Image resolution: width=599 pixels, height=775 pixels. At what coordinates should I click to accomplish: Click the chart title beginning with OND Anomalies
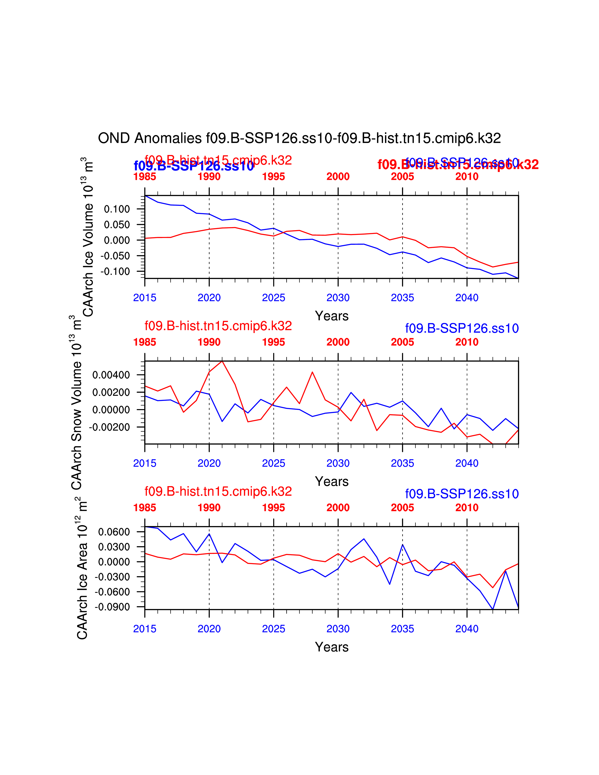[x=299, y=138]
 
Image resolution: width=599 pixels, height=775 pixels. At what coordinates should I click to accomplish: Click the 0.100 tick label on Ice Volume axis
[x=117, y=209]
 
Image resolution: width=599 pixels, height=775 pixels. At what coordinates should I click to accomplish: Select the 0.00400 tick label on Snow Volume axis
[x=111, y=375]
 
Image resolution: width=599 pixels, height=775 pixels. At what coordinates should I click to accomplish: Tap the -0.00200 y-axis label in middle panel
[x=109, y=427]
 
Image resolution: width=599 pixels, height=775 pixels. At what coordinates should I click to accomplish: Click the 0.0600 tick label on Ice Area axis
[x=114, y=532]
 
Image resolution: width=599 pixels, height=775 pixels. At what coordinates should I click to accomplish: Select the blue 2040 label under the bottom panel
[x=467, y=629]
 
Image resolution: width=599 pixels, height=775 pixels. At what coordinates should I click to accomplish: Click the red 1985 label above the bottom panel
[x=144, y=508]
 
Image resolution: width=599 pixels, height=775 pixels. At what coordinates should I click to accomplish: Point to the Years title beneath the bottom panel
[x=331, y=647]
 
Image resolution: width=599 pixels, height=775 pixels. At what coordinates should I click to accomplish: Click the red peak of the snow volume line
[x=222, y=361]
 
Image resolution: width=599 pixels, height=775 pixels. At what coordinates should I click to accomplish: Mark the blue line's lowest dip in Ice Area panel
[x=493, y=609]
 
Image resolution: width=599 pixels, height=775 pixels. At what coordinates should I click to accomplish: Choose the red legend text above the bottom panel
[x=218, y=492]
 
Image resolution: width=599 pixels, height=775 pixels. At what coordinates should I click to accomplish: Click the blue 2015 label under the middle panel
[x=144, y=463]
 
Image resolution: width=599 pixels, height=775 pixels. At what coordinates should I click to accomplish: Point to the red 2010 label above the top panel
[x=467, y=176]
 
